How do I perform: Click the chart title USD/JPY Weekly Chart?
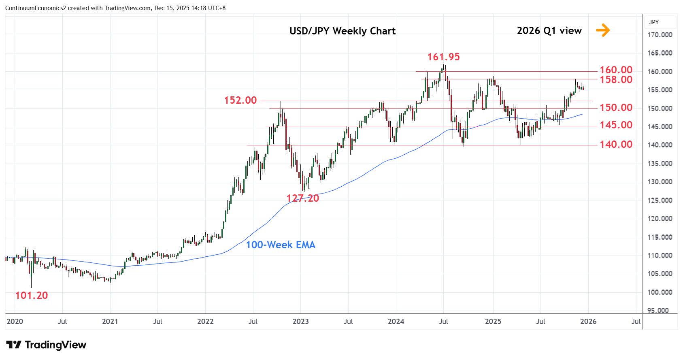click(x=342, y=31)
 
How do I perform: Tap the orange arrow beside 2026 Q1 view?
click(x=603, y=30)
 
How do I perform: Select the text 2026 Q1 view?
click(x=549, y=31)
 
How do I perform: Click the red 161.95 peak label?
click(x=443, y=57)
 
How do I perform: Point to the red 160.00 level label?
click(x=616, y=70)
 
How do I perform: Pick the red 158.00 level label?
click(x=616, y=80)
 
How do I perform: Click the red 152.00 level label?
click(x=240, y=100)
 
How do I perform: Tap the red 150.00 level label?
click(x=616, y=108)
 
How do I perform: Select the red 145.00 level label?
click(x=616, y=125)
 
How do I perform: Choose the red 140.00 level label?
click(x=616, y=145)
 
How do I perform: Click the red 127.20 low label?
click(x=303, y=198)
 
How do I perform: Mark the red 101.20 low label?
click(x=32, y=296)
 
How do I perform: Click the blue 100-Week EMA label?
click(x=281, y=245)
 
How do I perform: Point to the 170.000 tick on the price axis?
click(x=660, y=35)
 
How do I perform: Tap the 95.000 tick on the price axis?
click(x=658, y=311)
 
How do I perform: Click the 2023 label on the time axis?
click(x=300, y=322)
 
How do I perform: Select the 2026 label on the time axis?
click(x=588, y=322)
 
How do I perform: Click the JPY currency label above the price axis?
click(x=654, y=22)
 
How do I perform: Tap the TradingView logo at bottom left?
click(x=47, y=345)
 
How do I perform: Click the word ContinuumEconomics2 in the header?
click(x=35, y=8)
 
